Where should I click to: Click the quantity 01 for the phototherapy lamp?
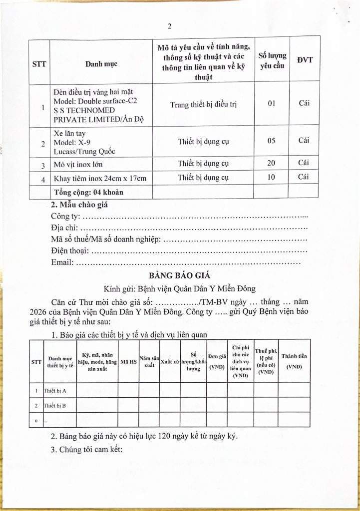(x=271, y=103)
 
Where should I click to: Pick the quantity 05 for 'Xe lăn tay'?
(x=271, y=140)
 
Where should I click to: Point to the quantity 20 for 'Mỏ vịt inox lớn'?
(x=271, y=163)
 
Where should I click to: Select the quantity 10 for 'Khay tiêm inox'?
(x=271, y=177)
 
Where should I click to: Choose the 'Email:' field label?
(x=62, y=262)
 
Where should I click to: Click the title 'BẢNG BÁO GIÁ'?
(x=180, y=275)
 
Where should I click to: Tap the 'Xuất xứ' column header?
(x=170, y=361)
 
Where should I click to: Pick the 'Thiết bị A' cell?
(x=54, y=390)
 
